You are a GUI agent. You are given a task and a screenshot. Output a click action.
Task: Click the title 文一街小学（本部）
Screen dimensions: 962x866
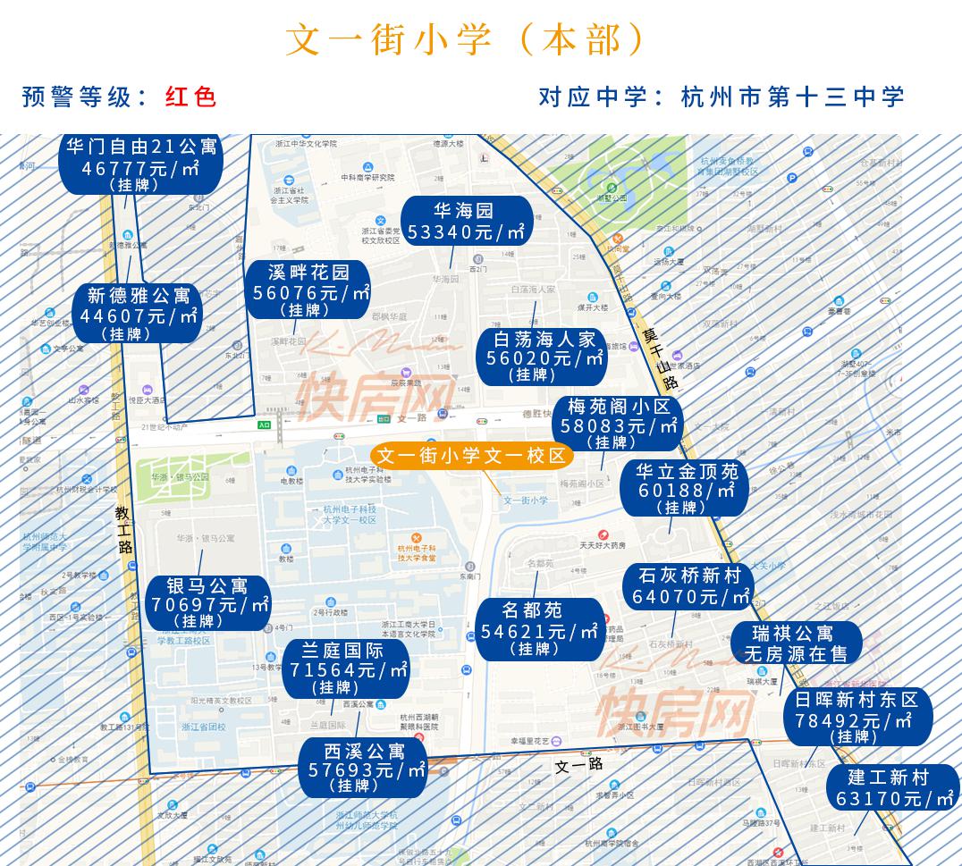click(466, 40)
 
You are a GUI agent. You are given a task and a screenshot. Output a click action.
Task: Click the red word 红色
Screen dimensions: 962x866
click(191, 97)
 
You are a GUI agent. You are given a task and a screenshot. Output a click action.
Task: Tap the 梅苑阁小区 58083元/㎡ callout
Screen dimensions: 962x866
click(618, 424)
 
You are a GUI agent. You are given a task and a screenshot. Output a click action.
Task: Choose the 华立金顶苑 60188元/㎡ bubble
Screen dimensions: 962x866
click(686, 489)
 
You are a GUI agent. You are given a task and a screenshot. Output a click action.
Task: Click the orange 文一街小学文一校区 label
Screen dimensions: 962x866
click(472, 456)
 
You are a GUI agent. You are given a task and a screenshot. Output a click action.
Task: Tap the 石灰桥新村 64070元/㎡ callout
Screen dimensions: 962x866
click(689, 586)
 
